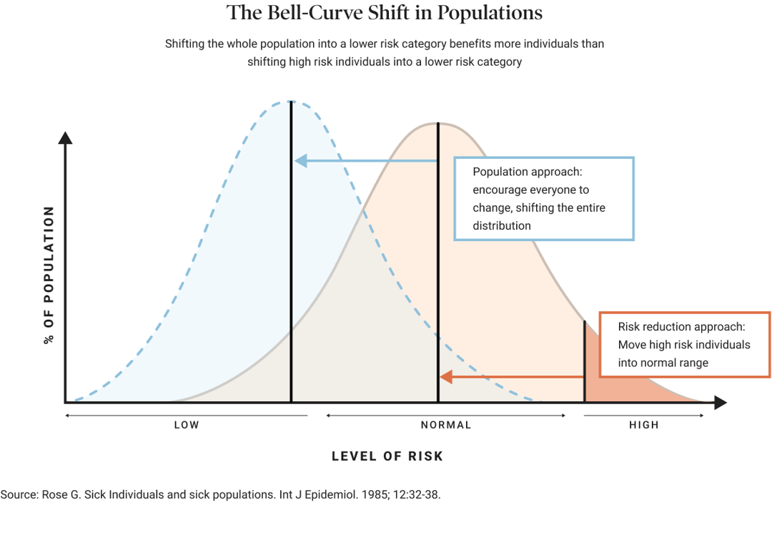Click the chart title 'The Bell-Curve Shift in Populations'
tap(385, 14)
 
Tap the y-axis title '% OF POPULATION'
tap(49, 275)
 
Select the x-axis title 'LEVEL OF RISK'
tap(387, 456)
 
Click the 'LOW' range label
tap(187, 425)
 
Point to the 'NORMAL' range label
tap(446, 425)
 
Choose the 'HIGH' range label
tap(644, 425)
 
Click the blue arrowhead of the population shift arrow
tap(301, 160)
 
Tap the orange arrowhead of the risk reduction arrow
tap(446, 376)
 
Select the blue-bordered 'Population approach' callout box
tap(544, 199)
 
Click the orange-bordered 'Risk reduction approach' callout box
tap(684, 344)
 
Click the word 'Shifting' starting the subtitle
tap(184, 44)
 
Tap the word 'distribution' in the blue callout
tap(502, 225)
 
